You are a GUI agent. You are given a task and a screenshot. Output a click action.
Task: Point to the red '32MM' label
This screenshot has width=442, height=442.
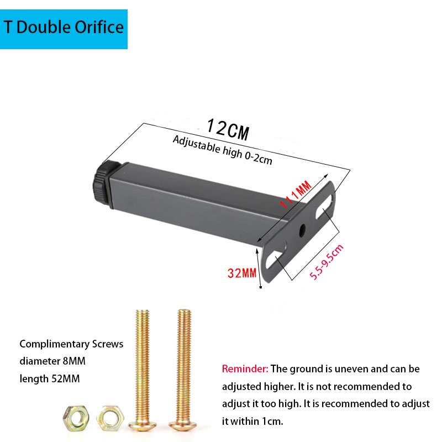tap(242, 272)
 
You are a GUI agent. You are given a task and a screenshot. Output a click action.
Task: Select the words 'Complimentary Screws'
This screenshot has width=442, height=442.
tap(71, 344)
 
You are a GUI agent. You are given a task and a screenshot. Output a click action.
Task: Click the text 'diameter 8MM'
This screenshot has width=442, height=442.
tap(53, 361)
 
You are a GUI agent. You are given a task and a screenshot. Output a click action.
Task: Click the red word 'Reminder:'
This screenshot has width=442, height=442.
tap(245, 369)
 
